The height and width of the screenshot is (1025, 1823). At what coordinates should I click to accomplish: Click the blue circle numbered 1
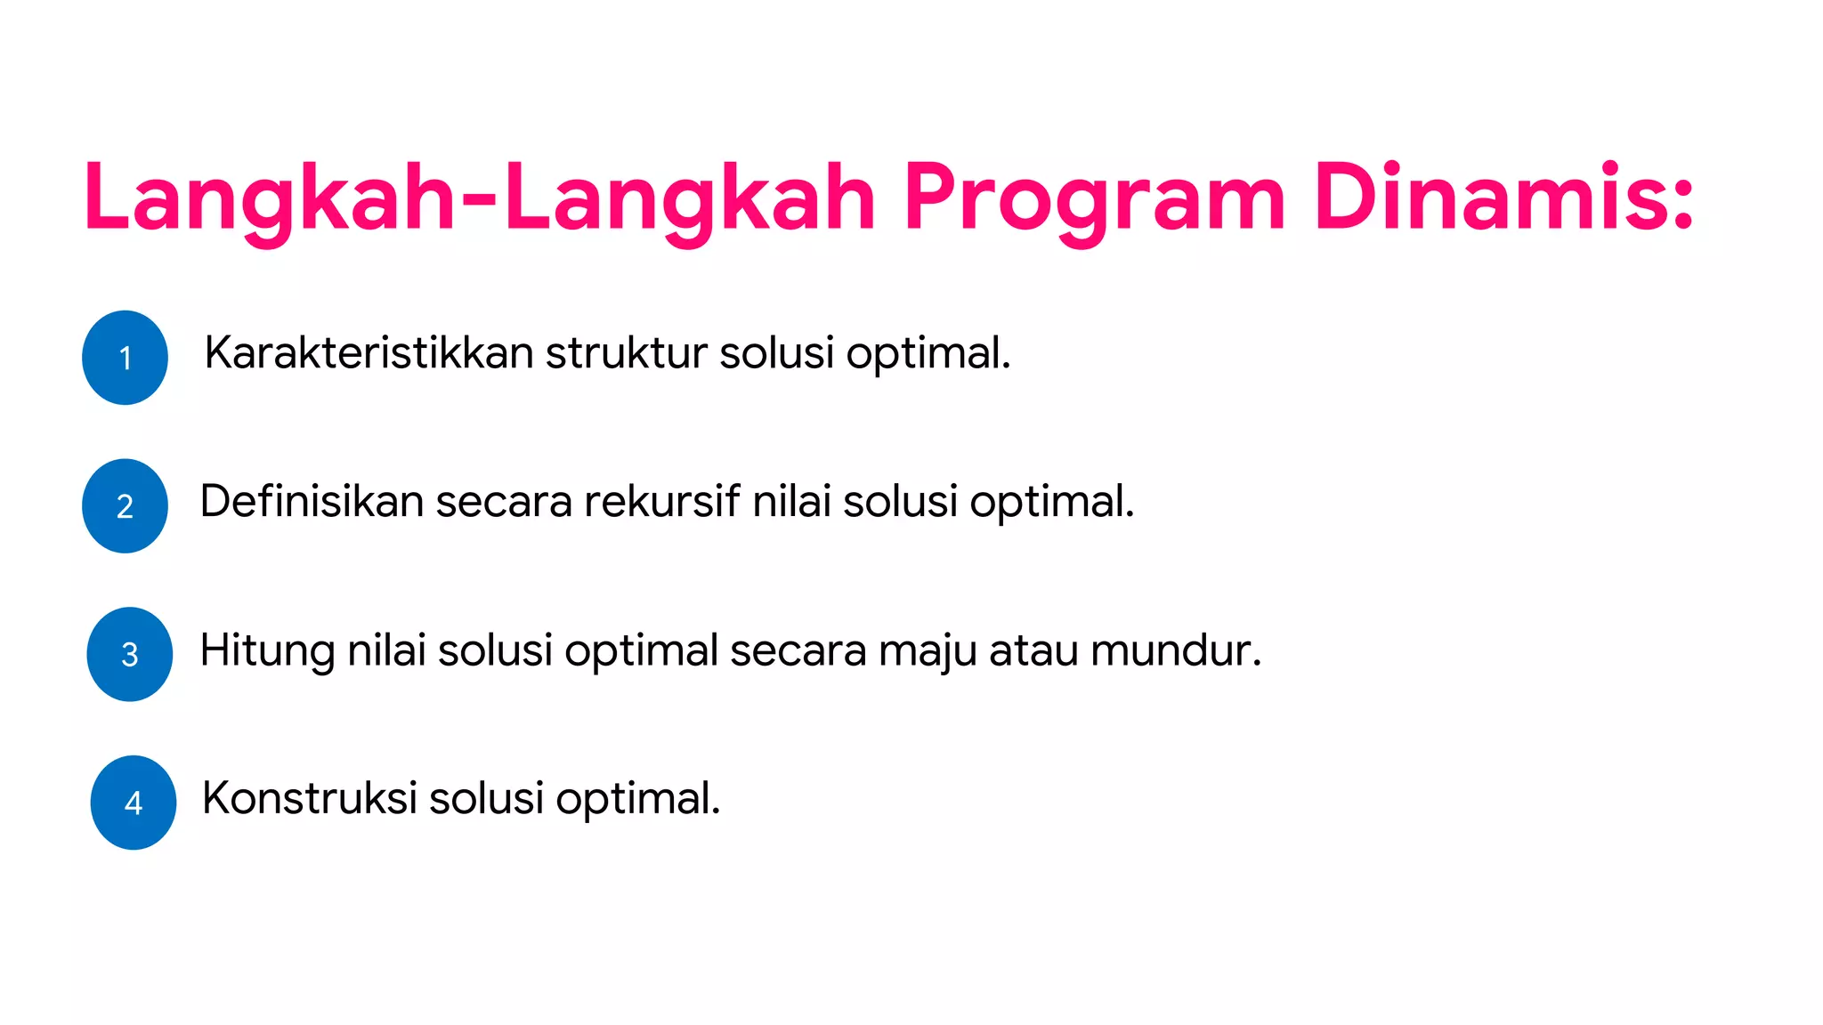(125, 358)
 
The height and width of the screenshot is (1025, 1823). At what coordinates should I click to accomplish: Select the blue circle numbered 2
(125, 506)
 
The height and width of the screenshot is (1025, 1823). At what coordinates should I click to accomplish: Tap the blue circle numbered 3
(129, 655)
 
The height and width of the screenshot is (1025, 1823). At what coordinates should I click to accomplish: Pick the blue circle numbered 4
(134, 803)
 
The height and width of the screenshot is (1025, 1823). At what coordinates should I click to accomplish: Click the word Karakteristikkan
(369, 352)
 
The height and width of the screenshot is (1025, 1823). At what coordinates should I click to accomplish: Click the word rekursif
(661, 501)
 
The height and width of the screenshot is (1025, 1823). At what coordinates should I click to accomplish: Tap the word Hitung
(267, 650)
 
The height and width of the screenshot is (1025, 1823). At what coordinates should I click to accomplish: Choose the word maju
(927, 650)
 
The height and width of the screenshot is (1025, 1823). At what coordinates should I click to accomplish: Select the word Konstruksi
(309, 798)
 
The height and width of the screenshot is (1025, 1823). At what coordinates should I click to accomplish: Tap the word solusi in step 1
(776, 352)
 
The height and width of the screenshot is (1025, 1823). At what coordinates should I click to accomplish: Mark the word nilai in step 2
(791, 501)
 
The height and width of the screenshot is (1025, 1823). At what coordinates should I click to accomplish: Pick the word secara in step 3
(798, 650)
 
